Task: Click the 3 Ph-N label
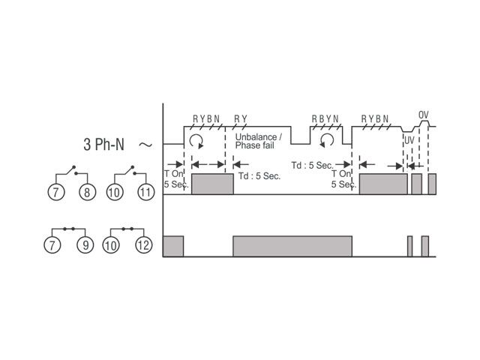(x=103, y=144)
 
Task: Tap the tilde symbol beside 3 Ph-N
(x=145, y=145)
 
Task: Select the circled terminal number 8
(x=87, y=192)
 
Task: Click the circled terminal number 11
(x=146, y=192)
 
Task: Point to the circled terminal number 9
(x=85, y=245)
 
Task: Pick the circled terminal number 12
(x=143, y=245)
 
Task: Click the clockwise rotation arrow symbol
(x=196, y=141)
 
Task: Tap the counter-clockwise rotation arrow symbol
(x=327, y=140)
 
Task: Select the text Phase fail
(x=254, y=145)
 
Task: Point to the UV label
(x=409, y=140)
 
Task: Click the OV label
(x=423, y=115)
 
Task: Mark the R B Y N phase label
(x=325, y=118)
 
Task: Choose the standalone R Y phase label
(x=241, y=118)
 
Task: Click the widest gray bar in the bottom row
(x=292, y=246)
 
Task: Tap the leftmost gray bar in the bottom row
(x=173, y=246)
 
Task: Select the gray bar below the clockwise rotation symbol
(x=212, y=184)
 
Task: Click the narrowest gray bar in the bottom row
(x=410, y=246)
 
